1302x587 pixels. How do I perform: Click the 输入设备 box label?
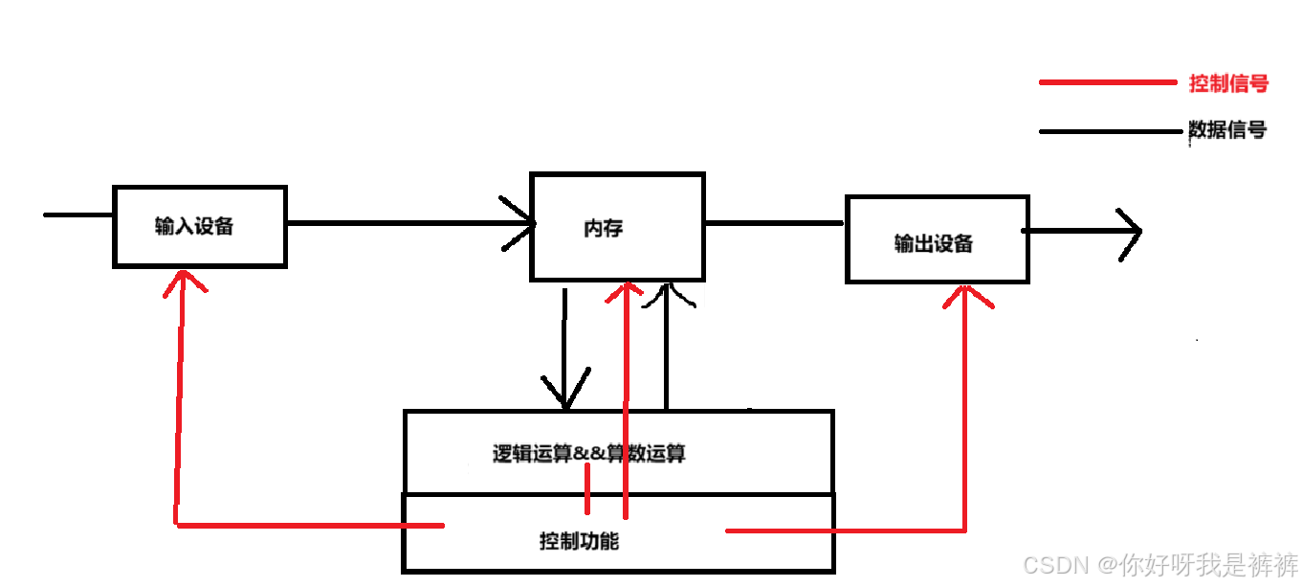point(194,227)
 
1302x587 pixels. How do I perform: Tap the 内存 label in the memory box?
point(603,229)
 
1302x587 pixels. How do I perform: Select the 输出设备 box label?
point(933,243)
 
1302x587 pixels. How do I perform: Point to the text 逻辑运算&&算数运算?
point(588,453)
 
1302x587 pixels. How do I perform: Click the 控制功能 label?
point(579,541)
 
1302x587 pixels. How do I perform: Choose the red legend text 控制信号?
point(1228,83)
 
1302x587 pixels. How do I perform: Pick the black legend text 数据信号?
point(1227,130)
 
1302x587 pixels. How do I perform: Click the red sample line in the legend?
point(1107,83)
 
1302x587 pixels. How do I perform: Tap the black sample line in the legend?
point(1110,131)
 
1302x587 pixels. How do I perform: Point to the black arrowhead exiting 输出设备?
point(1132,231)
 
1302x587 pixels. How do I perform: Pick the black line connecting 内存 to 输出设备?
point(774,223)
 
